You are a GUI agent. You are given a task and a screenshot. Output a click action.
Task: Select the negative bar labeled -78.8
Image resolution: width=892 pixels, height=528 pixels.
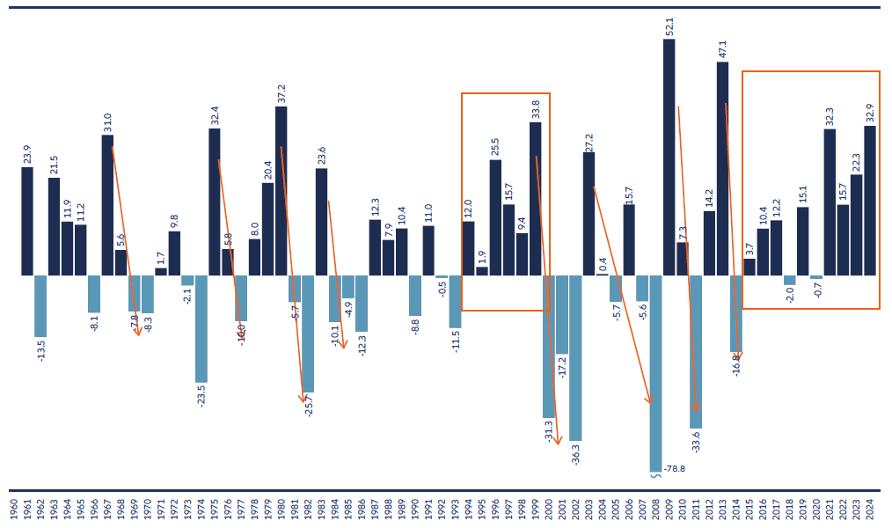click(655, 373)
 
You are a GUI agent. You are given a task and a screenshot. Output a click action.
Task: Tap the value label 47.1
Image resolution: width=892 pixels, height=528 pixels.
click(722, 49)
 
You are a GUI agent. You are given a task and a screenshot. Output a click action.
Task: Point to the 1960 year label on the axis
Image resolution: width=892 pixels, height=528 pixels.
click(14, 510)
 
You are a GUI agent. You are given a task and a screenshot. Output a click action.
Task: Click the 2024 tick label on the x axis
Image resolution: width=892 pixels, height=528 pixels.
click(870, 510)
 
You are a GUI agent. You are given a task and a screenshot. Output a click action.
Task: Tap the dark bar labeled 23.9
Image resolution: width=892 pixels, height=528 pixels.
click(27, 221)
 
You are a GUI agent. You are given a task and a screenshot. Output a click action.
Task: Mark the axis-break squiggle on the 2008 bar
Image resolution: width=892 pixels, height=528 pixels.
click(655, 474)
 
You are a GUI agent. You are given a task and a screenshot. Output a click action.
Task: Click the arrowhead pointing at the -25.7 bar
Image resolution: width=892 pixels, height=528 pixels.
click(303, 399)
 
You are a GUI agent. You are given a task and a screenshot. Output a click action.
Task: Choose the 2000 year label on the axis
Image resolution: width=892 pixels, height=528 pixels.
click(549, 510)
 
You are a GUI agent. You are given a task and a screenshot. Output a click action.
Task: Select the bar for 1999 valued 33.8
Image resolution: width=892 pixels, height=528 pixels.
click(535, 198)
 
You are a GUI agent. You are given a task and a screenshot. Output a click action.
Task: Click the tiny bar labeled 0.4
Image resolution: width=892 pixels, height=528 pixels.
click(602, 274)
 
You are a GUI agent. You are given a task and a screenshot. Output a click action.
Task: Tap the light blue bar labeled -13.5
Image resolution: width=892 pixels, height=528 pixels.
click(40, 305)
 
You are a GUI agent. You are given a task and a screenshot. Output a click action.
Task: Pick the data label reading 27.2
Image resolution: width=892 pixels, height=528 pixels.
click(589, 142)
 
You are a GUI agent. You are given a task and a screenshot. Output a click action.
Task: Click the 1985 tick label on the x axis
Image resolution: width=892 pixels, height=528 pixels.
click(348, 510)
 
